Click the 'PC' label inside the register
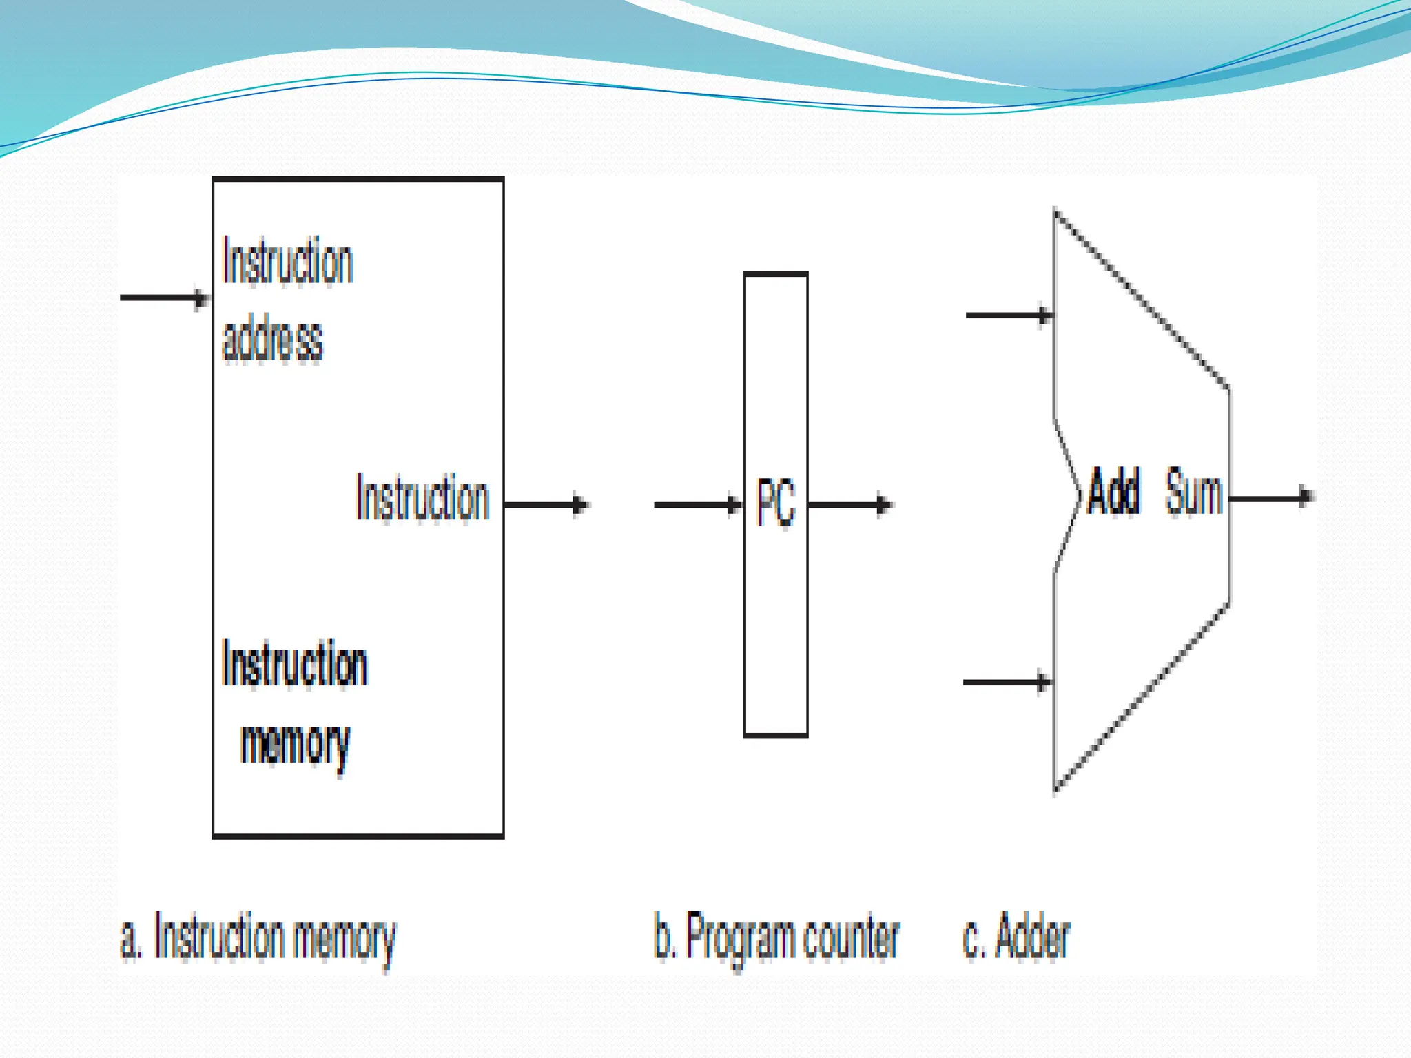click(x=776, y=502)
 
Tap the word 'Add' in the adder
click(x=1113, y=491)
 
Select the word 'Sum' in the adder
click(x=1193, y=491)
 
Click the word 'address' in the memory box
click(x=272, y=340)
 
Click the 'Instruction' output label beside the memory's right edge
click(x=422, y=497)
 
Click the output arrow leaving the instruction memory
click(x=546, y=504)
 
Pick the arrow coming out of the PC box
click(x=850, y=504)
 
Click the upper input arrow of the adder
click(x=1009, y=315)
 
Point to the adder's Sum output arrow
click(x=1272, y=497)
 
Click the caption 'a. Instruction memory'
click(x=258, y=938)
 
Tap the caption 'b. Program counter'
click(x=776, y=938)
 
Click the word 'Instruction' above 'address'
click(x=287, y=261)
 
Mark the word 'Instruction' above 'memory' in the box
click(x=294, y=663)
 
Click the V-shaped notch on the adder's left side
click(x=1075, y=495)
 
